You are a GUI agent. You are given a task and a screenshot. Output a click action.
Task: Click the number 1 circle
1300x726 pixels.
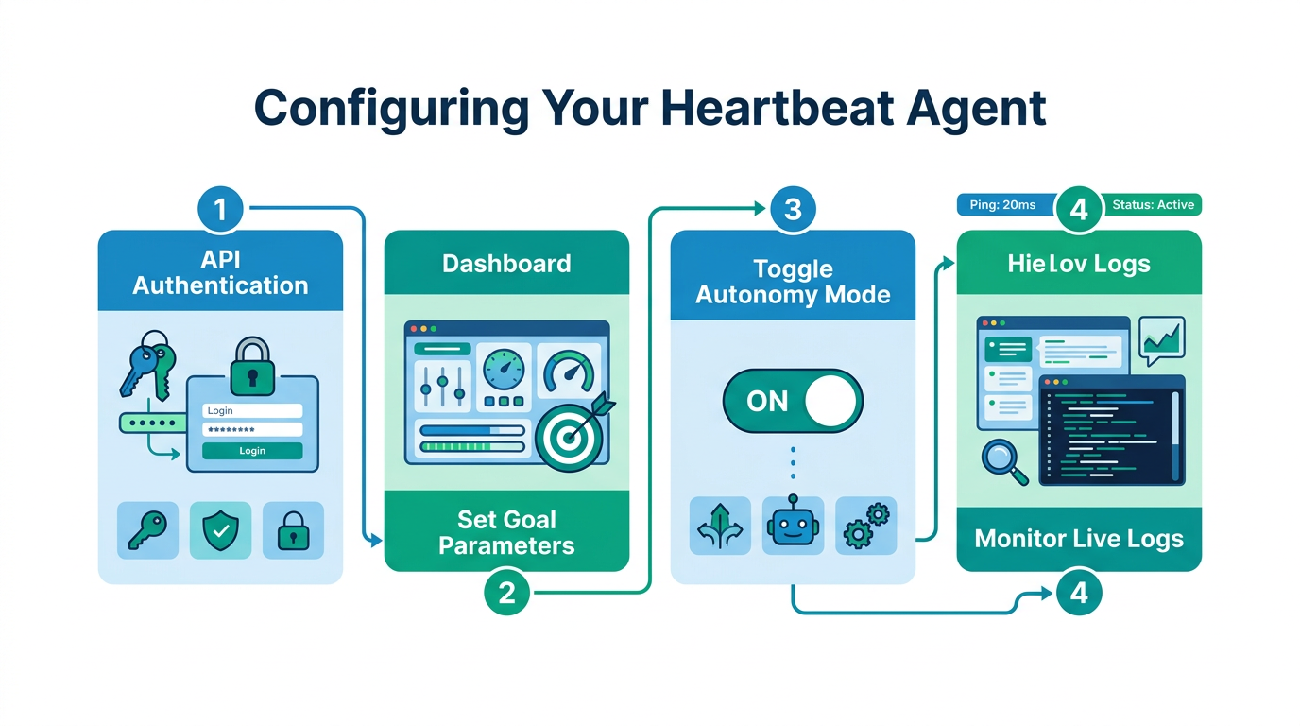tap(220, 208)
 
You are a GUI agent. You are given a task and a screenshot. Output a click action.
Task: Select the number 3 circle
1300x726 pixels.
tap(793, 208)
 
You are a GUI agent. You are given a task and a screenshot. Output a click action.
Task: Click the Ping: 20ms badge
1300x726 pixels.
tap(1002, 205)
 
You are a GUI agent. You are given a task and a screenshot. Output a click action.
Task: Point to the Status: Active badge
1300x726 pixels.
tap(1153, 205)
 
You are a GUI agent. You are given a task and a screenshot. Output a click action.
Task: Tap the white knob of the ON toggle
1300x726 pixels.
tap(831, 401)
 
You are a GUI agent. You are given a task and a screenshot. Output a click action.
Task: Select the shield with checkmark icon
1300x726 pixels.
tap(220, 530)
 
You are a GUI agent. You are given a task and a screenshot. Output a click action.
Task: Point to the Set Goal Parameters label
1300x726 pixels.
tap(506, 532)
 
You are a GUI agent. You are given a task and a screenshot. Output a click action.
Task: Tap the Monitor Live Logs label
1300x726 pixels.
tap(1079, 539)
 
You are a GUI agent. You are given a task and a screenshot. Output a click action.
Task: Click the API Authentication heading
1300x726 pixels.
tap(220, 273)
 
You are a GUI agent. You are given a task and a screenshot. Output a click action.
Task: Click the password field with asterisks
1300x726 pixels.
tap(252, 430)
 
